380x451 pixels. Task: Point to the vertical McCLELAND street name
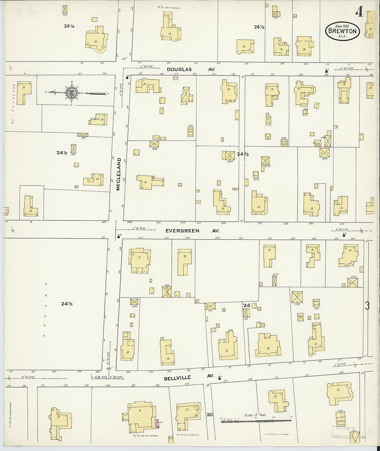click(118, 175)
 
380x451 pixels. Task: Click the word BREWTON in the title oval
click(342, 31)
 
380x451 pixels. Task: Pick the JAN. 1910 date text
click(342, 25)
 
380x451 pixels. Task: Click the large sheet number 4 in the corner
click(359, 12)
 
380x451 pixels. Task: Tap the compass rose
click(72, 93)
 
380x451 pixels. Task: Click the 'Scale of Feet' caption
click(255, 415)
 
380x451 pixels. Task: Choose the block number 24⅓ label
click(259, 27)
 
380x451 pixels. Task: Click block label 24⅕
click(62, 152)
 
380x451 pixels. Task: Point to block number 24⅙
click(67, 304)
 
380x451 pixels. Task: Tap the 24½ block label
click(243, 154)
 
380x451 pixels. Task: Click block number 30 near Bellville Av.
click(209, 415)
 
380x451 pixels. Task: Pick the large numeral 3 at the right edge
click(367, 306)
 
